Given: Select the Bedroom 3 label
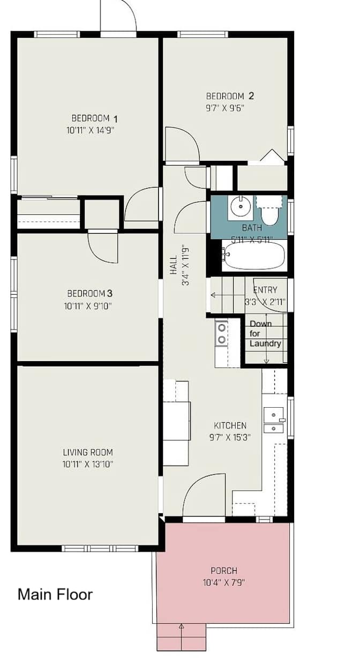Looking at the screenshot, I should click(x=89, y=294).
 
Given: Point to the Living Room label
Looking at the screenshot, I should click(x=88, y=452).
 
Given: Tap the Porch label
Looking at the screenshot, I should click(x=224, y=571).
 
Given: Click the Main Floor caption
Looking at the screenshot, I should click(x=55, y=594).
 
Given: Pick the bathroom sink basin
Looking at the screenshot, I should click(x=240, y=206).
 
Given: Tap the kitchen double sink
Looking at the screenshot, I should click(x=274, y=421).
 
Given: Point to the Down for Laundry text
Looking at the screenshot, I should click(x=265, y=334).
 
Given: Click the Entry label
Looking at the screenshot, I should click(x=265, y=290).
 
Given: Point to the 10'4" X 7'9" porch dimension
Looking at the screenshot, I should click(x=224, y=582).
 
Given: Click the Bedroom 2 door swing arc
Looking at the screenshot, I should click(x=182, y=144).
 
